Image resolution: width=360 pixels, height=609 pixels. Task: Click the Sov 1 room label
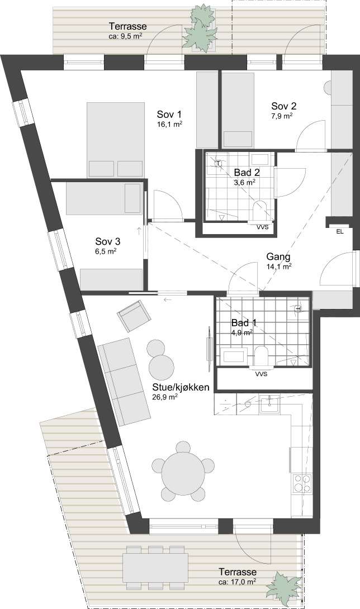(169, 115)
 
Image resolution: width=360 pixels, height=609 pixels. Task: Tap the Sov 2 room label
(284, 106)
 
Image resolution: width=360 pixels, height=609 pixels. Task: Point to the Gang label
(278, 256)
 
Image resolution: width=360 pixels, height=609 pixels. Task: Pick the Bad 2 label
(247, 172)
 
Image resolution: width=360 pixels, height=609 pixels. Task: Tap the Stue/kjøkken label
(181, 387)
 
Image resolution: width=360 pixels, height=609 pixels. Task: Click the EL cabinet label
(340, 232)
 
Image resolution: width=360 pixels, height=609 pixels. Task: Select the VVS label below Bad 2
(262, 227)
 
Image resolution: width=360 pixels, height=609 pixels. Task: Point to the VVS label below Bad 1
(262, 375)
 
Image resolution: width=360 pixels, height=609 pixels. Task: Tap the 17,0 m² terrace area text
(237, 582)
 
